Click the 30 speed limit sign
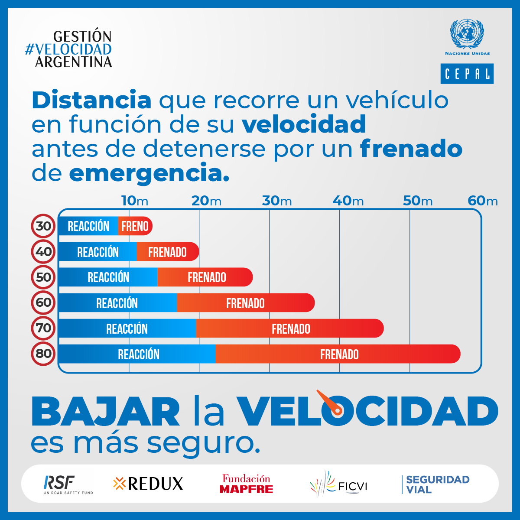[x=43, y=226]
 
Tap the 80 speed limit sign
[x=43, y=354]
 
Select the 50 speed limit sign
[x=43, y=277]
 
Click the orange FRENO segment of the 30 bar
[x=135, y=226]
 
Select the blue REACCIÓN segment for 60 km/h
[x=117, y=303]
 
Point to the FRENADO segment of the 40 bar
[x=167, y=252]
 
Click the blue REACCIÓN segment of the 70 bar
[x=127, y=328]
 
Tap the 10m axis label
[x=134, y=201]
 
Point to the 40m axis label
[x=348, y=201]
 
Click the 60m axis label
[x=483, y=201]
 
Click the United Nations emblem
[x=467, y=34]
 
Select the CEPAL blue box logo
[x=467, y=74]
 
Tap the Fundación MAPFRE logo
[x=246, y=484]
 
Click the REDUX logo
[x=148, y=484]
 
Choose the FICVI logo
[x=338, y=484]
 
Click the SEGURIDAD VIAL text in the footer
[x=437, y=484]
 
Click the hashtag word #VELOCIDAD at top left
[x=68, y=49]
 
